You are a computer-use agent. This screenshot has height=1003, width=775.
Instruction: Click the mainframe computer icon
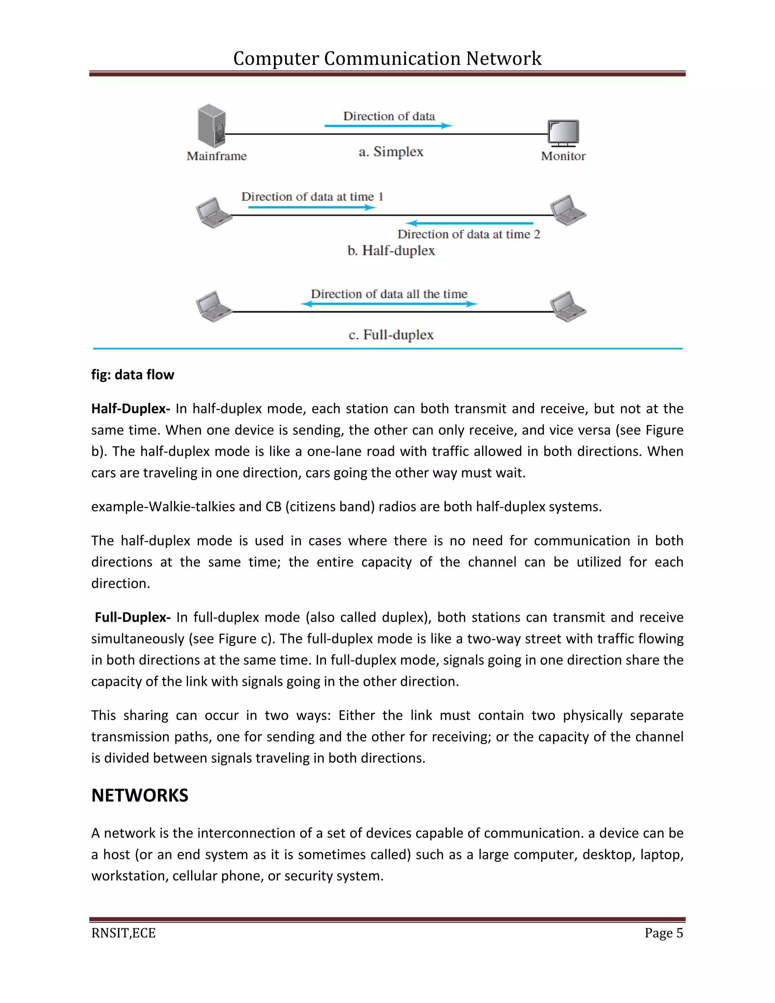[x=212, y=125]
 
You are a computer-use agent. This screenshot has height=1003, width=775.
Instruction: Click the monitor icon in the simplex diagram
[x=563, y=133]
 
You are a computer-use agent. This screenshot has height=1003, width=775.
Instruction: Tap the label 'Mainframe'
[x=217, y=156]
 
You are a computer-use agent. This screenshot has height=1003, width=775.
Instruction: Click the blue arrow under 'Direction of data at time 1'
[x=312, y=207]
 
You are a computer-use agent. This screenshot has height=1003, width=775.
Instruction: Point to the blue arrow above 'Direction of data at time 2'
[x=470, y=223]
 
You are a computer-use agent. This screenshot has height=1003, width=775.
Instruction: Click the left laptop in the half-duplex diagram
[x=214, y=213]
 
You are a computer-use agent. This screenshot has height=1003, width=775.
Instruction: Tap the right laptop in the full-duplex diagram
[x=568, y=306]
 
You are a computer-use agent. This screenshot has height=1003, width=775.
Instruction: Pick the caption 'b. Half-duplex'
[x=391, y=251]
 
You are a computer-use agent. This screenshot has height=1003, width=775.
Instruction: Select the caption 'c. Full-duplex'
[x=391, y=335]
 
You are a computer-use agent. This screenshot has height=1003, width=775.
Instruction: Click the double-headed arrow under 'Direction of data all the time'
[x=389, y=304]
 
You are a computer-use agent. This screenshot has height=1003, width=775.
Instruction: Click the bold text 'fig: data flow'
[x=133, y=375]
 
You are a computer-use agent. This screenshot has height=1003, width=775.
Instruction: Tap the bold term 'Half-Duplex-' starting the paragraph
[x=131, y=409]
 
